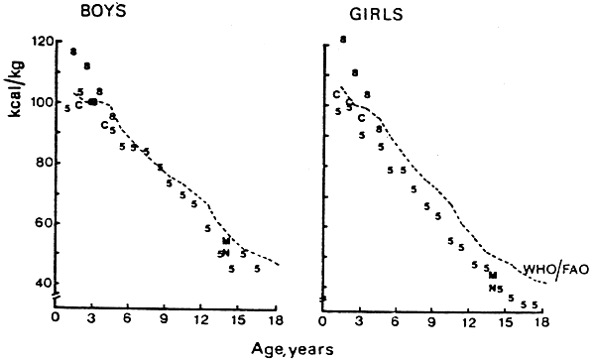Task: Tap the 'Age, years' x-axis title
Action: pos(292,348)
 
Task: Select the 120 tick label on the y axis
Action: pos(40,42)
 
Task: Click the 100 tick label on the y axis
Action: pos(40,102)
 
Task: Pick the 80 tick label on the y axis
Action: pos(41,163)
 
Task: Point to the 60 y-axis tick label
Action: pos(41,223)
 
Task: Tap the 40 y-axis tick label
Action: pos(41,284)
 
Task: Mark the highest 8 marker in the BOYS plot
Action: pos(73,51)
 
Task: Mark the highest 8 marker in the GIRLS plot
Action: pos(343,40)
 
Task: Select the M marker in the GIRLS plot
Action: pos(493,275)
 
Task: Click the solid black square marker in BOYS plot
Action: pos(93,101)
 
